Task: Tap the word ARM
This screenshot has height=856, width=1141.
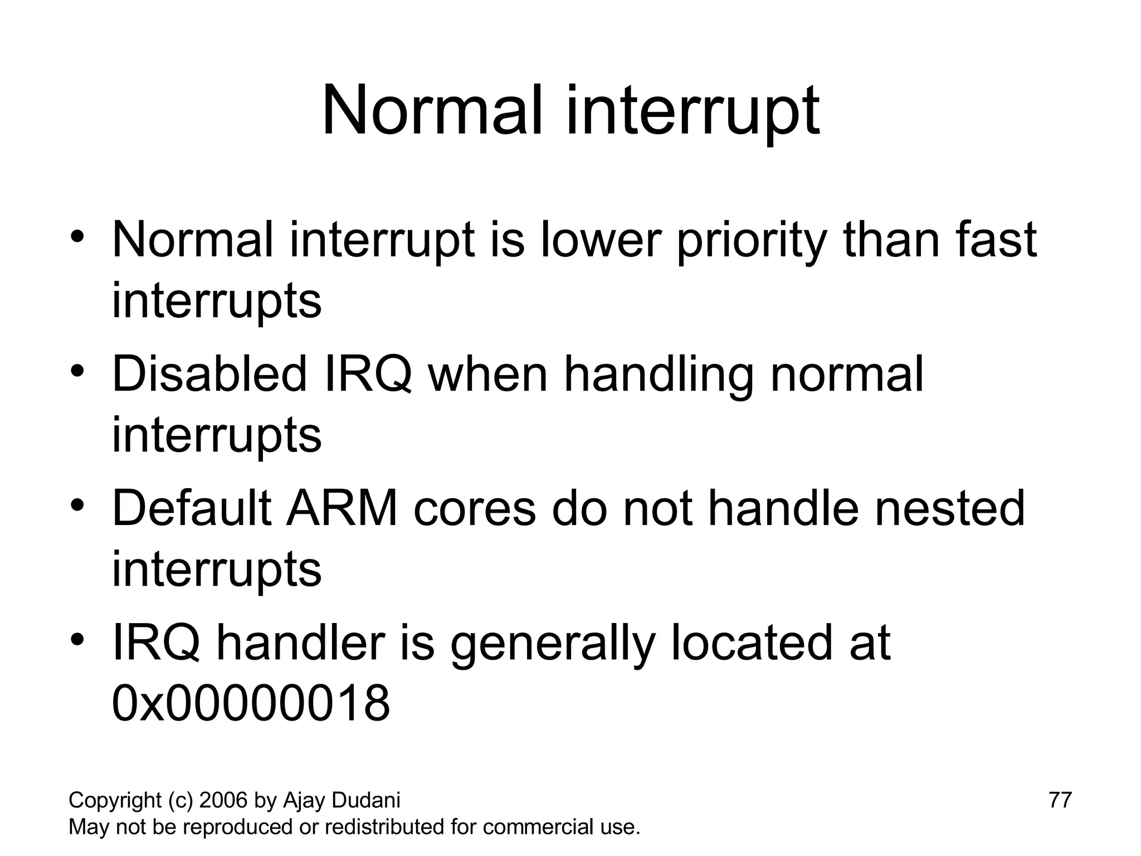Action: click(x=342, y=508)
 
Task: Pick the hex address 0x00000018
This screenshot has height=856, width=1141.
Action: click(x=251, y=703)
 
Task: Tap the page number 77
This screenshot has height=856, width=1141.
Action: click(x=1060, y=800)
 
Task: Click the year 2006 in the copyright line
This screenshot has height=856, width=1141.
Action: click(x=223, y=800)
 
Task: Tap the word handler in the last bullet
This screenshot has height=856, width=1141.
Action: click(x=300, y=643)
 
